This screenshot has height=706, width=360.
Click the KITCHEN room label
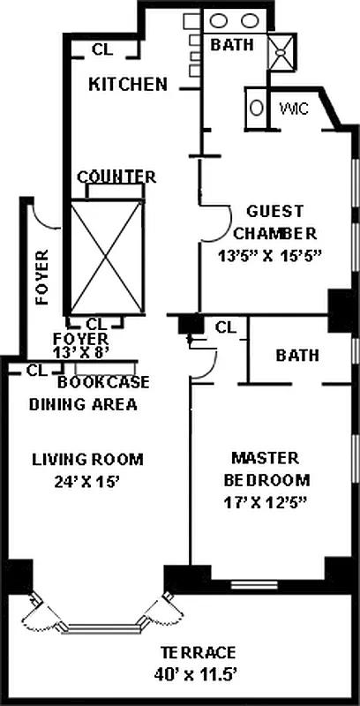point(128,84)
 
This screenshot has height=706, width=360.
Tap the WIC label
point(295,109)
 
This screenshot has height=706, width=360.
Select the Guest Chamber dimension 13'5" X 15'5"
point(271,256)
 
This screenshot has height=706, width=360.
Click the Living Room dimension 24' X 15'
point(86,482)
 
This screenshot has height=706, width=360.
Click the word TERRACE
point(198,652)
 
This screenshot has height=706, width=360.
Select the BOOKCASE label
point(103,382)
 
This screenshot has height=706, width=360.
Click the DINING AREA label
point(83,404)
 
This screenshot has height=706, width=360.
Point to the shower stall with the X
point(281,52)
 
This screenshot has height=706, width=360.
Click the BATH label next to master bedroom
point(297,356)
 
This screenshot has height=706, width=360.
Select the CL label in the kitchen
point(102,50)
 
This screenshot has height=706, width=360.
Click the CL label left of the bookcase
point(37,371)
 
